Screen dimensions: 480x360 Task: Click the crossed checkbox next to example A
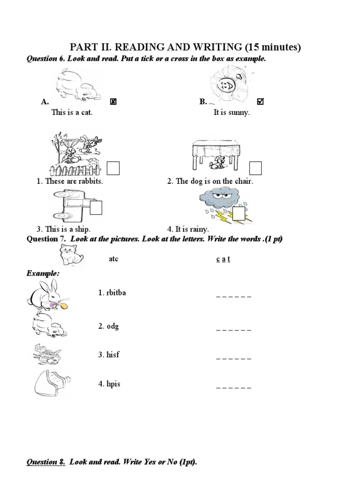(113, 102)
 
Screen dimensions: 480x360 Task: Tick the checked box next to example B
(261, 102)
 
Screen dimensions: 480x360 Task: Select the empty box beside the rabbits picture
(113, 167)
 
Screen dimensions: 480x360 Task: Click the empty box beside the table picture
(255, 167)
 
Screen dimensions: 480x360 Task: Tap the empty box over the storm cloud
(239, 213)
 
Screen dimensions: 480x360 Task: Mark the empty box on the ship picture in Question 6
(96, 207)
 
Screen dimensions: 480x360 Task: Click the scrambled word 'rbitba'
(112, 293)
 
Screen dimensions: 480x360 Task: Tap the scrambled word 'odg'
(109, 326)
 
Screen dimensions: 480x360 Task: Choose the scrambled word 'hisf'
(109, 355)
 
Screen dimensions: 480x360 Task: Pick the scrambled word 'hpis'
(109, 384)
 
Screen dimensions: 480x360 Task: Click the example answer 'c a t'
(223, 259)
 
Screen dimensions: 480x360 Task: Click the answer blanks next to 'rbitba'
(233, 296)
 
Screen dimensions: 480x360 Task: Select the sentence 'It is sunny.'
(232, 113)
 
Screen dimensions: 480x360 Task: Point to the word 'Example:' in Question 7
(43, 273)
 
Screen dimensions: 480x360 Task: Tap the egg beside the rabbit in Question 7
(64, 306)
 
